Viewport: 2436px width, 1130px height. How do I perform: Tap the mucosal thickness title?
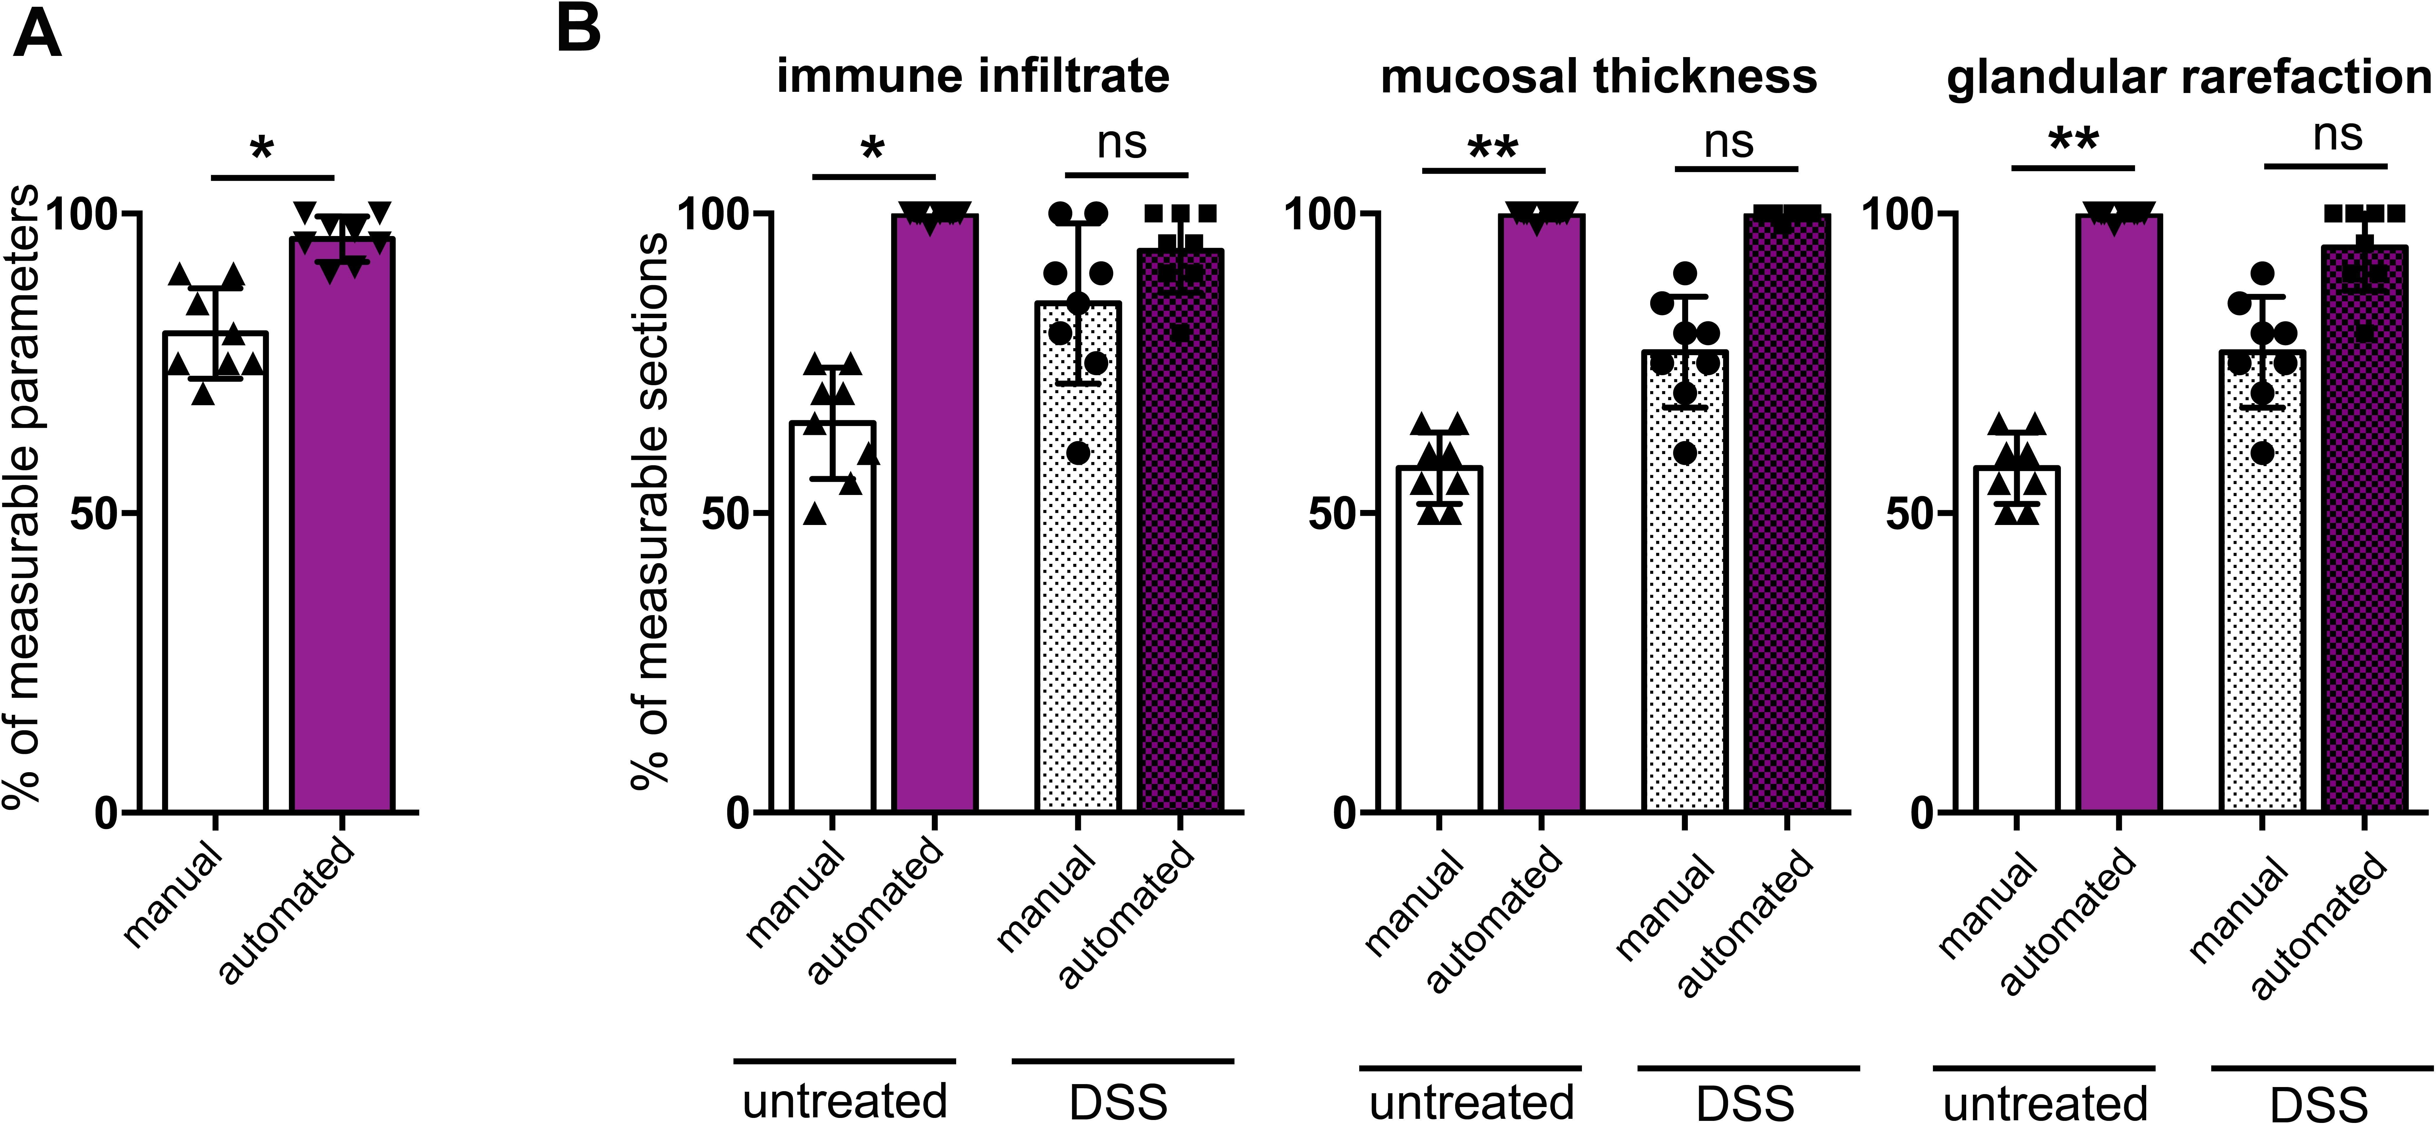[x=1598, y=76]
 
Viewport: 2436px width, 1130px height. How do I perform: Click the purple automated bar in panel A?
[x=342, y=567]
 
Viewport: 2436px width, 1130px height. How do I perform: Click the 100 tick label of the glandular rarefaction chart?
[x=1896, y=214]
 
